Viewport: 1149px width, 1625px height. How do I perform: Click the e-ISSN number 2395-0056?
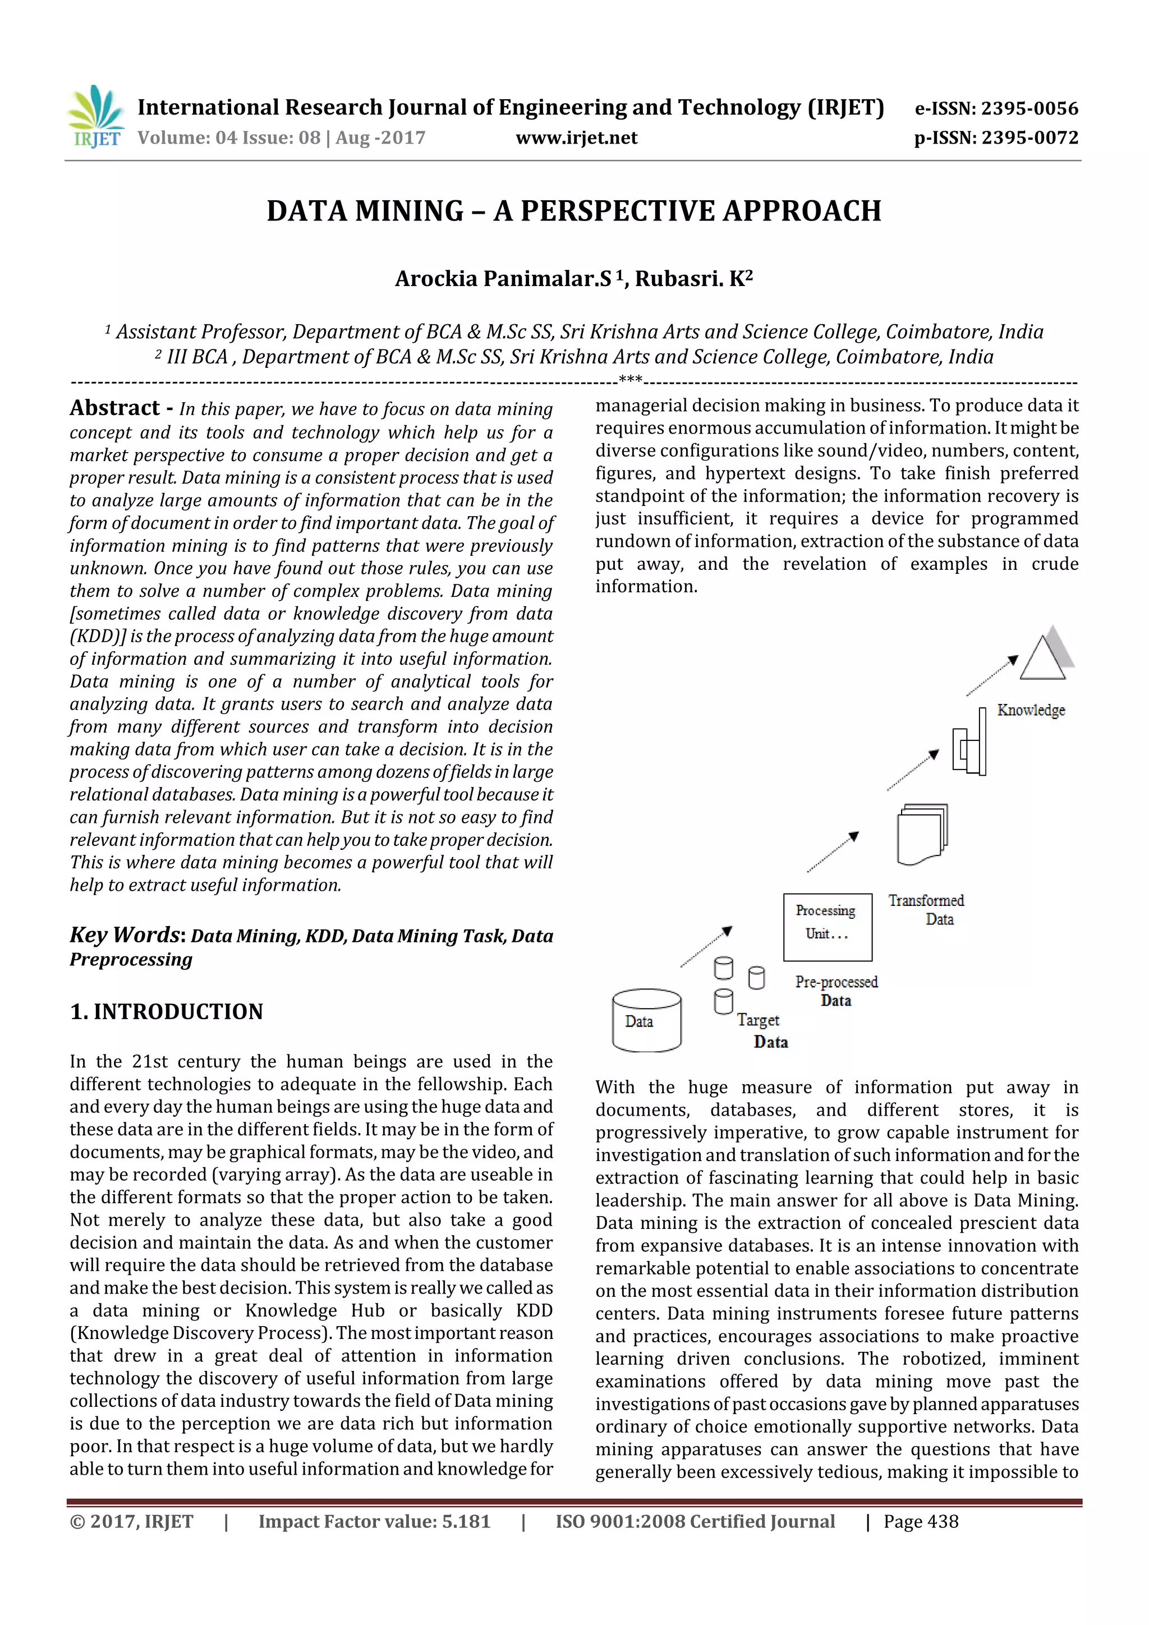(x=996, y=108)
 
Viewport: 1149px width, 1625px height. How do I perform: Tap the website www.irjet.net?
(x=576, y=138)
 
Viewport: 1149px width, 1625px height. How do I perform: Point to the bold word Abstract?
(x=114, y=408)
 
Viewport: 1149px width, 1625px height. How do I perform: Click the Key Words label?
(x=127, y=935)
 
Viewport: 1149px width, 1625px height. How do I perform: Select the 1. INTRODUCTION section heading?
(x=167, y=1011)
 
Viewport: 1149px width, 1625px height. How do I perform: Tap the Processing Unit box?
(x=827, y=927)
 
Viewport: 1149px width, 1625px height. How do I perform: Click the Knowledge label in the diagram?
(x=1030, y=710)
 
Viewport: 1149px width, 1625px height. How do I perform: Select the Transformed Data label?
(x=927, y=909)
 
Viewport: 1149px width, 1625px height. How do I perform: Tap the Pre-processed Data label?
(x=836, y=991)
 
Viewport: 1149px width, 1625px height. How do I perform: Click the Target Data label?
(x=762, y=1030)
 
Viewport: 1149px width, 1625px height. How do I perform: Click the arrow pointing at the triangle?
(x=992, y=675)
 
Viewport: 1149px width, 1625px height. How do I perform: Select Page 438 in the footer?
(x=920, y=1521)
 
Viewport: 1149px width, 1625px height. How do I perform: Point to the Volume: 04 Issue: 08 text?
(x=229, y=138)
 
